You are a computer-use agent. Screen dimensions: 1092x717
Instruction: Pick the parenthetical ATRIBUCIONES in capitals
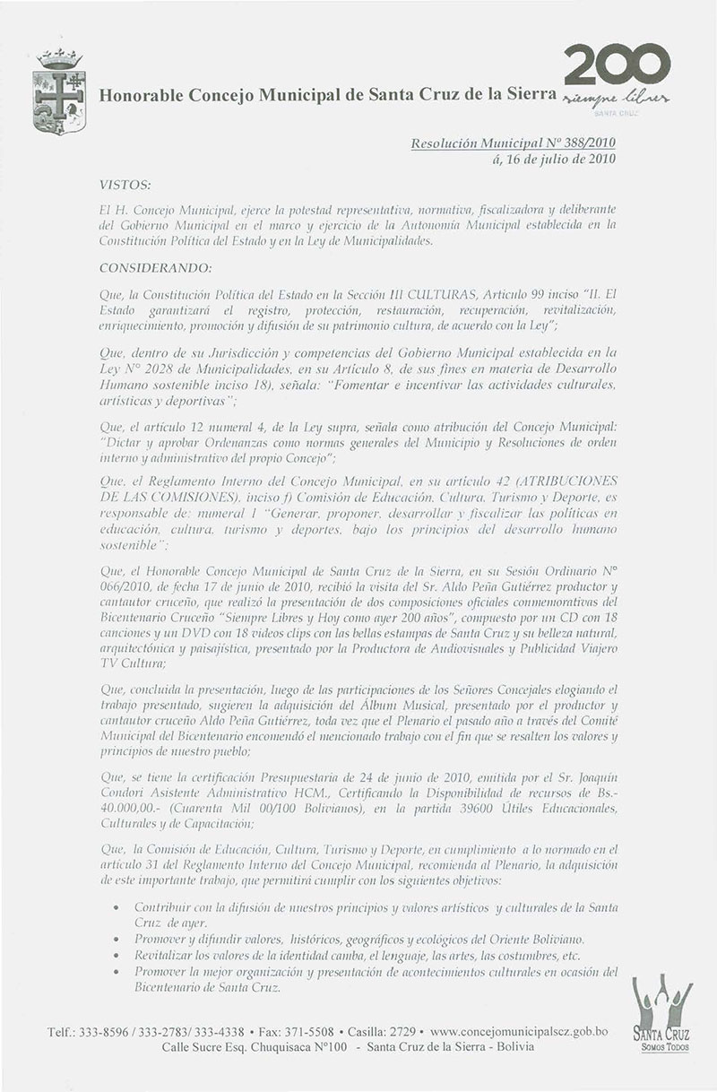pyautogui.click(x=566, y=481)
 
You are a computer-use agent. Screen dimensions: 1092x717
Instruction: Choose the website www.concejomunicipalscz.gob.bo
pyautogui.click(x=525, y=1033)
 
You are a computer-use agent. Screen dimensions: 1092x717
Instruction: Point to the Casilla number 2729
pyautogui.click(x=401, y=1033)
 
